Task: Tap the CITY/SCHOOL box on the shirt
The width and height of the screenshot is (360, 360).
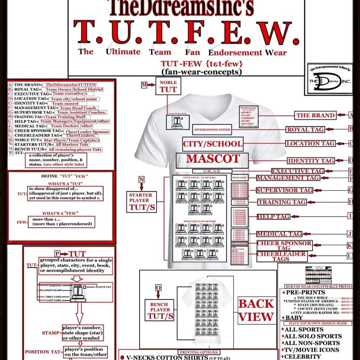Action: coord(213,143)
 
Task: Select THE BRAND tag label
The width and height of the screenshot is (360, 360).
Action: coord(315,115)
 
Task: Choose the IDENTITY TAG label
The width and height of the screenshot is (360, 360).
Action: coord(311,161)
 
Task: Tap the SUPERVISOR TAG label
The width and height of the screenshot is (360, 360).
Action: coord(284,190)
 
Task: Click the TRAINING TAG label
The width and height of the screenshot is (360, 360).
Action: coord(281,202)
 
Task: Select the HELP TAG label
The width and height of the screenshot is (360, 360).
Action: coord(273,217)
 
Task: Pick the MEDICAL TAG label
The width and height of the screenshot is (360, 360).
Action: coord(279,234)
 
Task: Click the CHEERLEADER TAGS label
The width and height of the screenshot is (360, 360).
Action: coord(281,256)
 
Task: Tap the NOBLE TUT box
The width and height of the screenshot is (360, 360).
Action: coord(168,86)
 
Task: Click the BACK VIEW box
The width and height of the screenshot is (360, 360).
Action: coord(256,310)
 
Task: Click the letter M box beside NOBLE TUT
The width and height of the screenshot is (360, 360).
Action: coord(145,84)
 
